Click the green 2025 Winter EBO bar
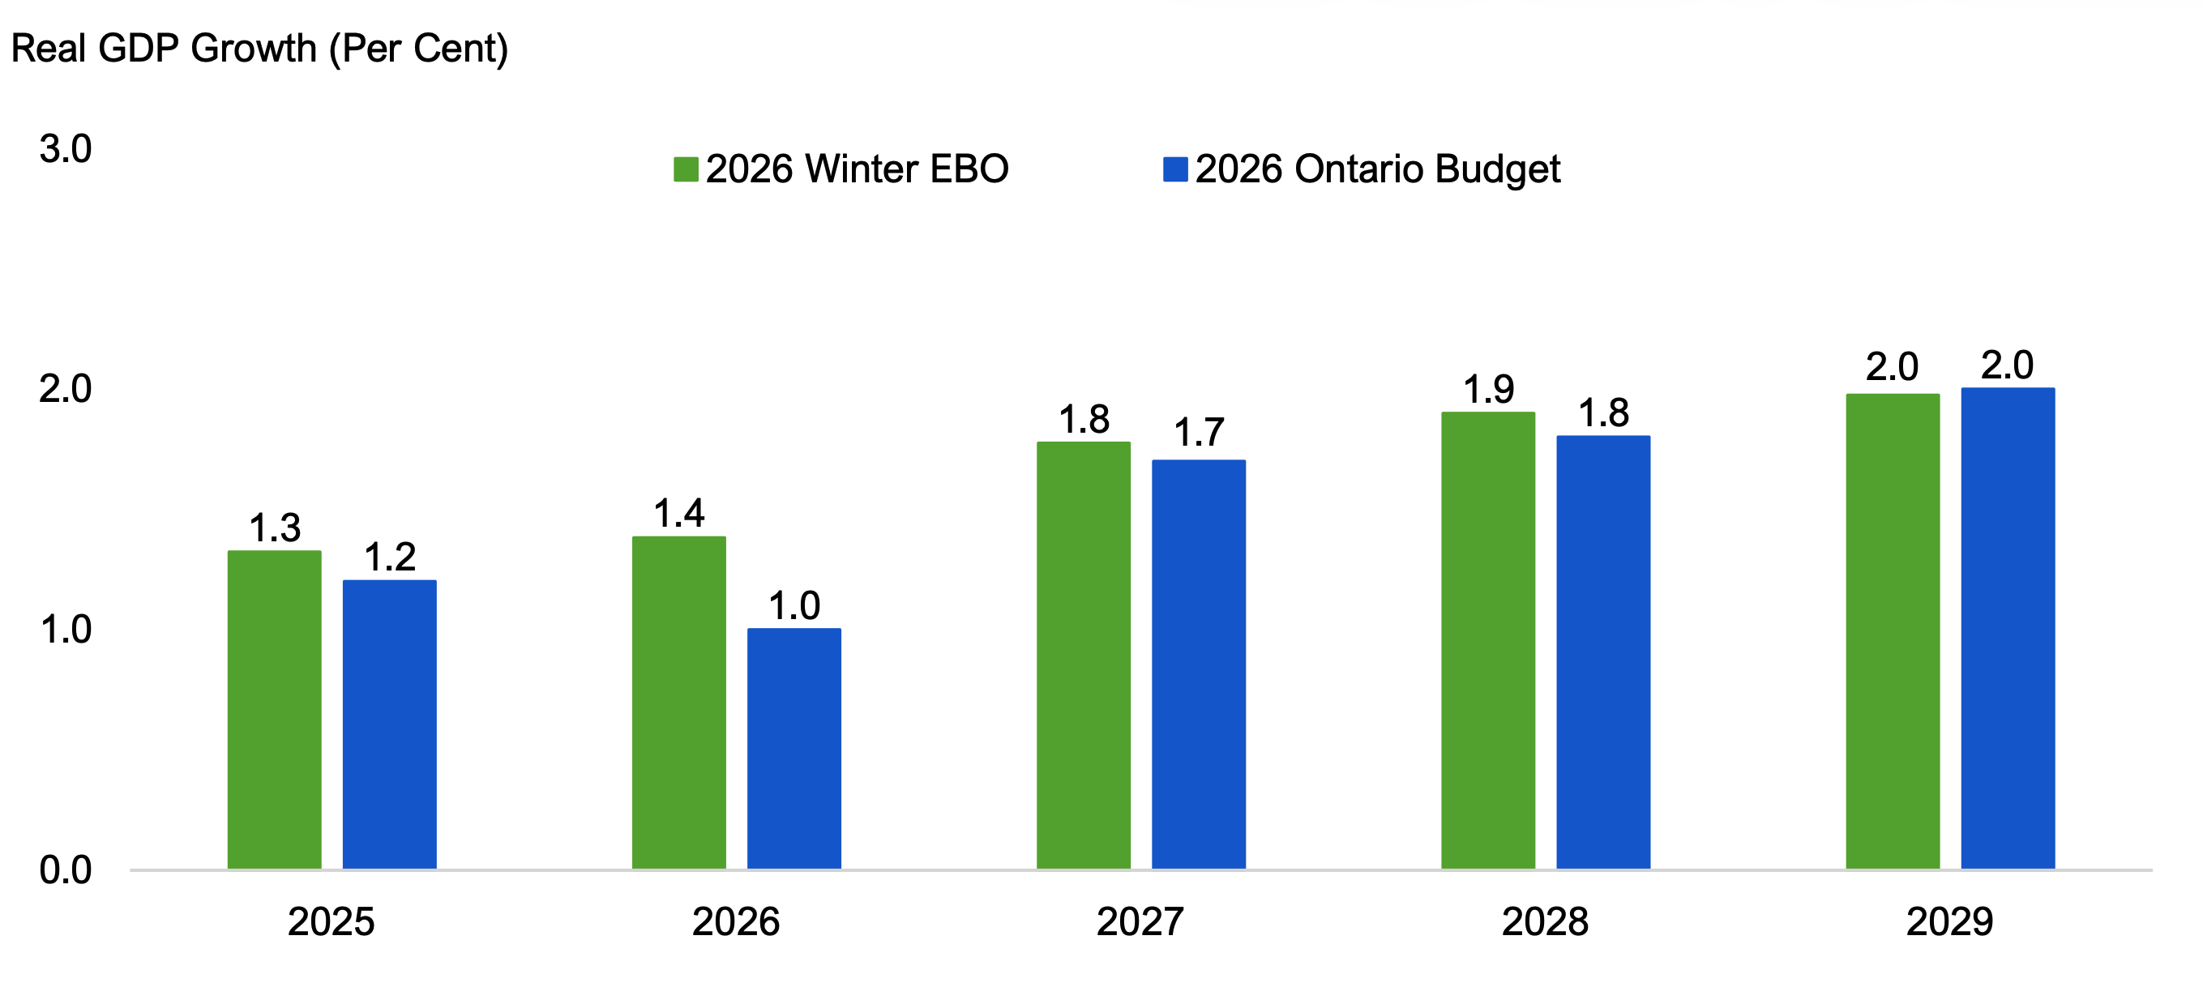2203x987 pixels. (x=275, y=710)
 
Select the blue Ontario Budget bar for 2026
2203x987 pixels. (x=794, y=749)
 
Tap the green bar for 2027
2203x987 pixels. (x=1084, y=655)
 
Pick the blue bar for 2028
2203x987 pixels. (x=1602, y=652)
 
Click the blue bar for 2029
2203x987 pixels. (x=2007, y=629)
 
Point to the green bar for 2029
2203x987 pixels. (x=1892, y=631)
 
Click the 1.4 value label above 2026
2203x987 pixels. (x=679, y=513)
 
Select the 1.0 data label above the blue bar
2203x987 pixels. (x=794, y=605)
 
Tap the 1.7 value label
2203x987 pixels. (x=1198, y=432)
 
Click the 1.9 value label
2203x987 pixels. (x=1488, y=389)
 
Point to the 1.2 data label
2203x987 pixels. (x=390, y=557)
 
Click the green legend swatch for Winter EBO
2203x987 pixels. (x=686, y=169)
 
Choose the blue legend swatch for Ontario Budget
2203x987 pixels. (x=1175, y=169)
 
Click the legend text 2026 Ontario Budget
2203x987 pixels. (x=1377, y=169)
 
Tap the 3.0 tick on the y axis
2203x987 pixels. (x=66, y=149)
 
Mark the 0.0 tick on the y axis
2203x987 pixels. (x=66, y=869)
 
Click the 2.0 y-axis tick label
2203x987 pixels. (x=66, y=389)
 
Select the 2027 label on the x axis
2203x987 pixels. (x=1140, y=922)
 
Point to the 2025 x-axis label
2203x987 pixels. (x=331, y=922)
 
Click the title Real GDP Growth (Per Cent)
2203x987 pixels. (x=259, y=48)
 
